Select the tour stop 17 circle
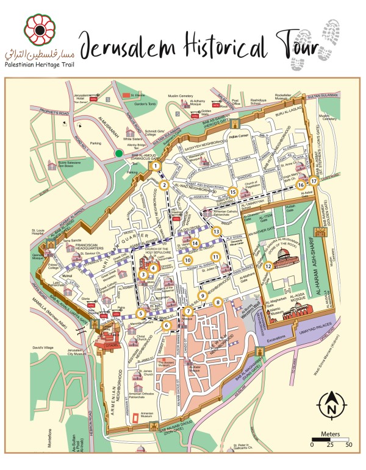point(314,181)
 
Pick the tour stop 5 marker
point(141,314)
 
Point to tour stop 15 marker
point(232,191)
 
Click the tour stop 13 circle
point(215,232)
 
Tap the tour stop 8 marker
point(217,301)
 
